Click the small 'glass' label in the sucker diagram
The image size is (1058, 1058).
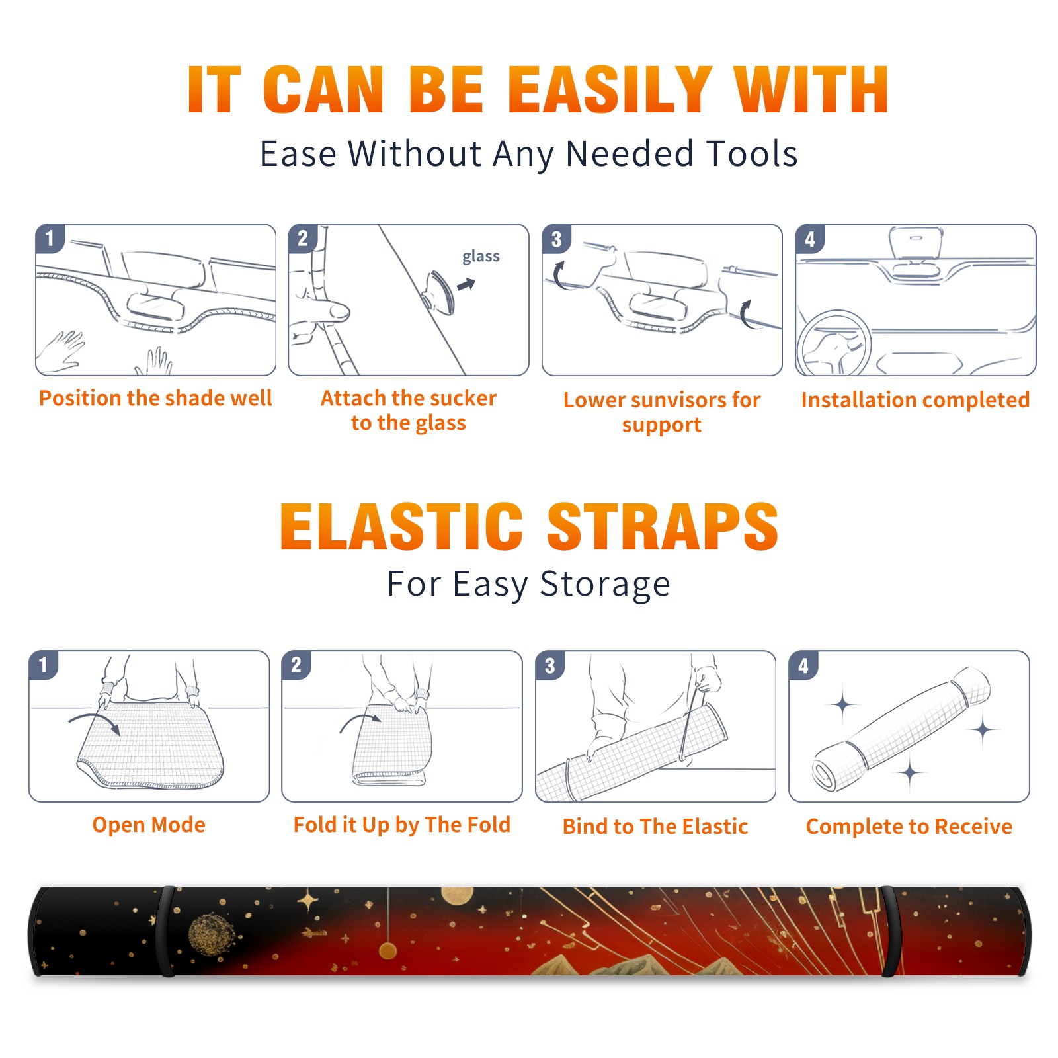481,257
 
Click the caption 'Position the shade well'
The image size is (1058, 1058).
155,398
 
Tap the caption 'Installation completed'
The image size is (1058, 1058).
915,400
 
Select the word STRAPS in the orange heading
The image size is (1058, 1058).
663,526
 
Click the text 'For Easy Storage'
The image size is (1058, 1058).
529,584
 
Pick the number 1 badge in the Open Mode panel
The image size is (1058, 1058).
44,665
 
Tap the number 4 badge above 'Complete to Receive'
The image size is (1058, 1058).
803,665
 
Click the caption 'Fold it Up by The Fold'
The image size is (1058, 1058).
402,825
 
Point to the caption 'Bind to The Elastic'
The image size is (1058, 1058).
655,827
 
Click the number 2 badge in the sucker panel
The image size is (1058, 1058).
303,238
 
